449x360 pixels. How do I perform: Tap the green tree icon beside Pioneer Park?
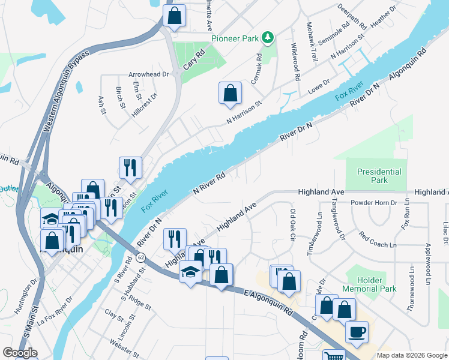pos(268,38)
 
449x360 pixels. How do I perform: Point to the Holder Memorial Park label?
pos(369,284)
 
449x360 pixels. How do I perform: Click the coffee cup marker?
pos(357,331)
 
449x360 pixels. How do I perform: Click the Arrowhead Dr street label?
pos(149,75)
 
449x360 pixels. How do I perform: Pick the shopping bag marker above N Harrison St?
pos(230,94)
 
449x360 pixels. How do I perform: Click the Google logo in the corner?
pos(20,353)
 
